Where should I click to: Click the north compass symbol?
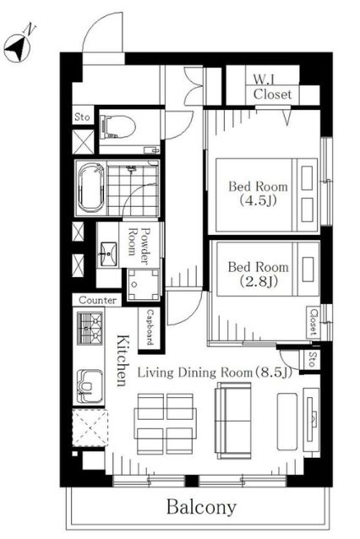point(17,47)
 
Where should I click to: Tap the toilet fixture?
point(117,127)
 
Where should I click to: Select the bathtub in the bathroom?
point(90,188)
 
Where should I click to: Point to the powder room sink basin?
point(108,254)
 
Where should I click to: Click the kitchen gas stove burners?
point(90,328)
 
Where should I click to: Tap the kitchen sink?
point(90,386)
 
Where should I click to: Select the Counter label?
point(97,300)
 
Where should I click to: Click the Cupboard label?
point(150,327)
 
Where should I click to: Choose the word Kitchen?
point(123,361)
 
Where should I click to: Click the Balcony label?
point(202,508)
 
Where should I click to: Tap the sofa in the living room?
point(233,421)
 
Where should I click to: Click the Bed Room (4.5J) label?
point(259,193)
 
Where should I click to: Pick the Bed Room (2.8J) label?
point(259,274)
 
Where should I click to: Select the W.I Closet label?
point(272,88)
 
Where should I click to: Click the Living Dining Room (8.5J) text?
point(215,373)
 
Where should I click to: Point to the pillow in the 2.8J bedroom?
point(308,269)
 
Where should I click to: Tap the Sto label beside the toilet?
point(82,117)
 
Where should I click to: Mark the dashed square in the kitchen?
point(90,427)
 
